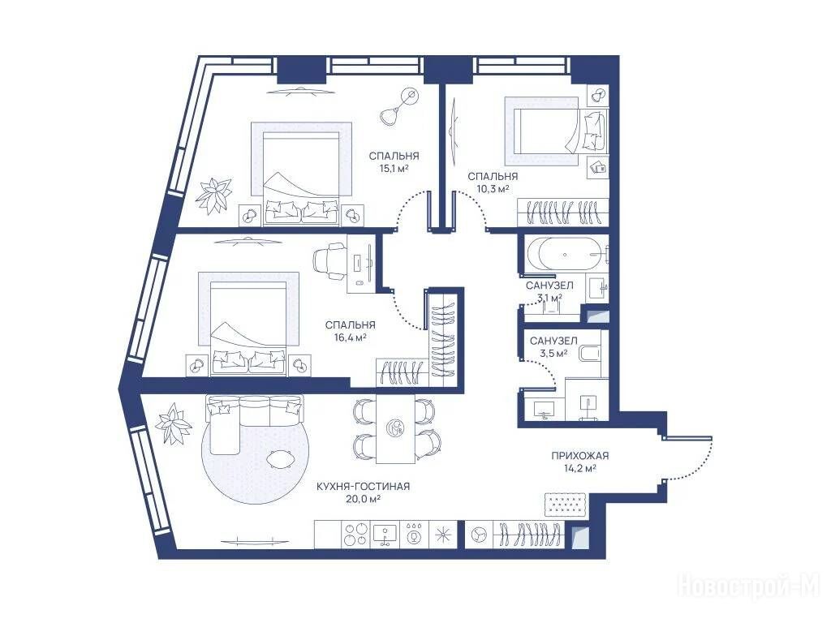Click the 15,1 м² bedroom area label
(x=394, y=169)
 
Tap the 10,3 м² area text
(x=493, y=188)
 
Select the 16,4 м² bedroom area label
(x=351, y=337)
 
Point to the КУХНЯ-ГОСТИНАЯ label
(x=363, y=487)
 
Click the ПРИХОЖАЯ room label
(x=579, y=456)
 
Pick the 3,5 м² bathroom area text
(x=553, y=353)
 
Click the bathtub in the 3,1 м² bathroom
(x=565, y=254)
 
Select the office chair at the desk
(x=329, y=260)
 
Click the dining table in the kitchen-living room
(x=396, y=428)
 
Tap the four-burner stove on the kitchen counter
(x=355, y=535)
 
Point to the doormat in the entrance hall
(x=566, y=505)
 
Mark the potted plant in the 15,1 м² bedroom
(x=213, y=195)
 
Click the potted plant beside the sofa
(x=173, y=423)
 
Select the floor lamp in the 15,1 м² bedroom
(x=399, y=106)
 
